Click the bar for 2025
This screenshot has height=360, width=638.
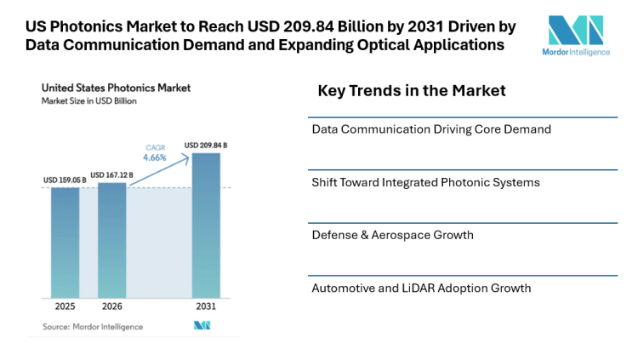pyautogui.click(x=65, y=242)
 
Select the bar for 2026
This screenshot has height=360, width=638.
pyautogui.click(x=112, y=239)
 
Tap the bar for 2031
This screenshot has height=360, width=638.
pyautogui.click(x=206, y=225)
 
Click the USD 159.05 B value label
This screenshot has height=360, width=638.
pyautogui.click(x=65, y=180)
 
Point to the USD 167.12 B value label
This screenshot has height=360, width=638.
pyautogui.click(x=111, y=175)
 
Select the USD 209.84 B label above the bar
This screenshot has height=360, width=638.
pyautogui.click(x=206, y=146)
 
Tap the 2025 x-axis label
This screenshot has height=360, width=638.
pyautogui.click(x=65, y=306)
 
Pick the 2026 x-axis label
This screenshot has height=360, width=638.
pyautogui.click(x=112, y=306)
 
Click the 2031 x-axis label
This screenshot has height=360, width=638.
pyautogui.click(x=206, y=306)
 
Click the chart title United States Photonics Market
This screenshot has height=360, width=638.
pyautogui.click(x=116, y=88)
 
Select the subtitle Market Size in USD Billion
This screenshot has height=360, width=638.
pyautogui.click(x=89, y=100)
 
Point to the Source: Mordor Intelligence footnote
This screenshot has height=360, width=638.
pyautogui.click(x=93, y=327)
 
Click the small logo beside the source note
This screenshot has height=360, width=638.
pyautogui.click(x=202, y=326)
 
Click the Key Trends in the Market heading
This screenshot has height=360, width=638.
pyautogui.click(x=412, y=91)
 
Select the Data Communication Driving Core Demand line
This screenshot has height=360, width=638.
pyautogui.click(x=431, y=129)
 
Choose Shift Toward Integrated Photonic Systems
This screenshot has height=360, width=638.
pyautogui.click(x=425, y=182)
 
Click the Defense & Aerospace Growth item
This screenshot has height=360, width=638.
pyautogui.click(x=392, y=235)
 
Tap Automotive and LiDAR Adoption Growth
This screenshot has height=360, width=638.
pyautogui.click(x=421, y=288)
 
